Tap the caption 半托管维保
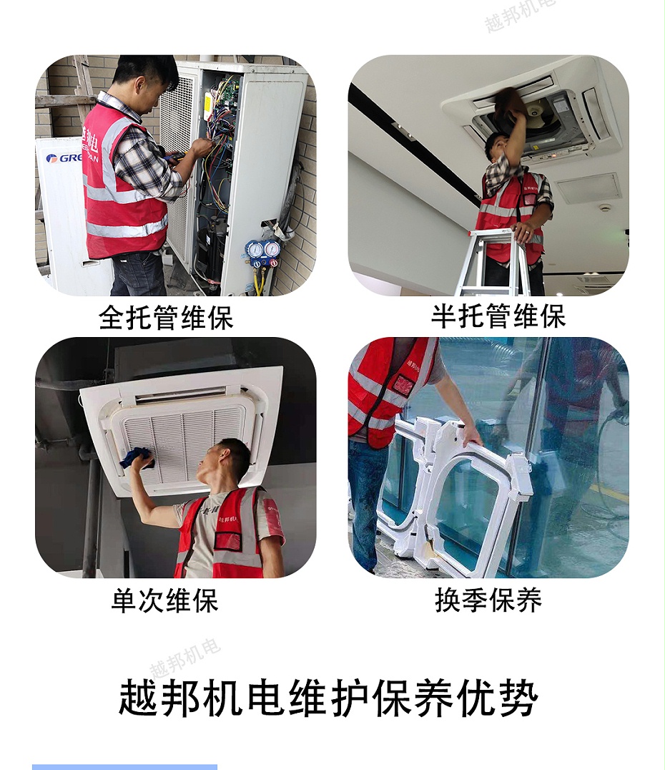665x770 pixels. click(498, 316)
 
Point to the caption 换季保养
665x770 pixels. click(488, 600)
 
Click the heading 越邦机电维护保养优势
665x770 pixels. click(328, 698)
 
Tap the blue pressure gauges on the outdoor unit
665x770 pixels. click(262, 251)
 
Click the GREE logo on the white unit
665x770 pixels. click(63, 158)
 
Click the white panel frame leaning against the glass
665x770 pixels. click(458, 494)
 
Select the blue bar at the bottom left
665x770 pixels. click(124, 766)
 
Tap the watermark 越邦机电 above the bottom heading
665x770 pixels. click(184, 658)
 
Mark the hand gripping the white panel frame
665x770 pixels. click(471, 436)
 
